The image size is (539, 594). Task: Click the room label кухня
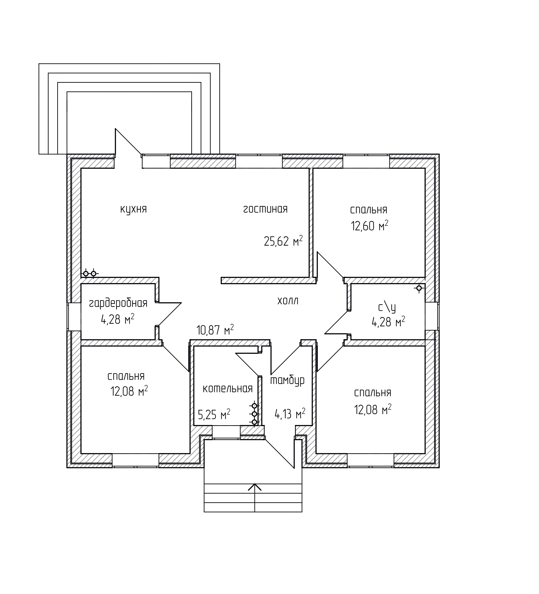tap(133, 210)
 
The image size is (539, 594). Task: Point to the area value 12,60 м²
tap(369, 226)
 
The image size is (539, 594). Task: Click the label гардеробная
tap(118, 303)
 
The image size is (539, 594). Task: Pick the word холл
tap(288, 301)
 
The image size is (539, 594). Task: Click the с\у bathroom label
tap(387, 307)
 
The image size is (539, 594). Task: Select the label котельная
tap(228, 389)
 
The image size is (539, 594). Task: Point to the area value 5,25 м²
tap(214, 415)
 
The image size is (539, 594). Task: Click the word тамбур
tap(287, 380)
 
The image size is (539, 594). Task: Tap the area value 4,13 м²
tap(290, 414)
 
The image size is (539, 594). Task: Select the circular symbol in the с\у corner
tap(419, 288)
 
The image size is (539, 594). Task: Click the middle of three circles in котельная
tap(254, 414)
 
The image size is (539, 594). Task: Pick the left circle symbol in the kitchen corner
tap(86, 274)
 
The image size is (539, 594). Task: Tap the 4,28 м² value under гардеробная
tap(118, 319)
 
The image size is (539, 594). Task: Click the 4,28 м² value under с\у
tap(388, 322)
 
